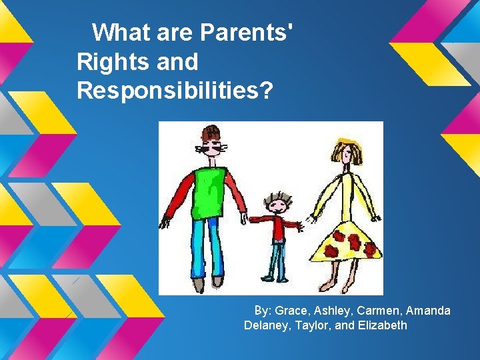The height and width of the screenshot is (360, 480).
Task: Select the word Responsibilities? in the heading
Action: click(x=175, y=91)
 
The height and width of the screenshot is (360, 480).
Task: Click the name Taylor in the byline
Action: click(x=314, y=325)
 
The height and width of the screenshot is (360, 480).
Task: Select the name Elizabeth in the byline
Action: click(x=381, y=325)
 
